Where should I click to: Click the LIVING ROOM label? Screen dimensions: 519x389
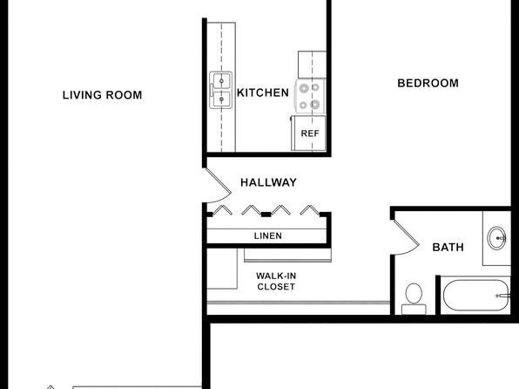tap(102, 95)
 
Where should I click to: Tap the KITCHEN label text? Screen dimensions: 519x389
tap(263, 92)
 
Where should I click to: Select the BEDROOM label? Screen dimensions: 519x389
tap(428, 83)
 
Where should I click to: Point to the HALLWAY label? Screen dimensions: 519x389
tap(268, 182)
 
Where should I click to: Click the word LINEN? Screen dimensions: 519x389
tap(268, 235)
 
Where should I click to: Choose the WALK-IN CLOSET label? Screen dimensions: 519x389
tap(276, 281)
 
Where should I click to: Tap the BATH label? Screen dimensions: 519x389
tap(448, 248)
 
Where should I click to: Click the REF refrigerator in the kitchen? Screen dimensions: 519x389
tap(308, 133)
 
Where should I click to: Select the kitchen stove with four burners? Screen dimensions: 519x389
tap(310, 97)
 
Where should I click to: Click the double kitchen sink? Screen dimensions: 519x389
tap(221, 90)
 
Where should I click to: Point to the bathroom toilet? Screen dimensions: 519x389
tap(414, 298)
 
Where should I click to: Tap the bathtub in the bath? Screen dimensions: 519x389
tap(476, 295)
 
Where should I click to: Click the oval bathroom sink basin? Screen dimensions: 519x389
tap(496, 238)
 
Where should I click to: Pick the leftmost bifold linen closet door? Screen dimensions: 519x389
tap(222, 210)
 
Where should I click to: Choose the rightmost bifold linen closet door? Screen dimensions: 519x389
tap(310, 210)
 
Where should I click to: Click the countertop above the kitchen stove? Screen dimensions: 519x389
tap(312, 65)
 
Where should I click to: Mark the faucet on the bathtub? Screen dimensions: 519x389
tap(502, 296)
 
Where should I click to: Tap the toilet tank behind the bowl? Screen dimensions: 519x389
tap(414, 310)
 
